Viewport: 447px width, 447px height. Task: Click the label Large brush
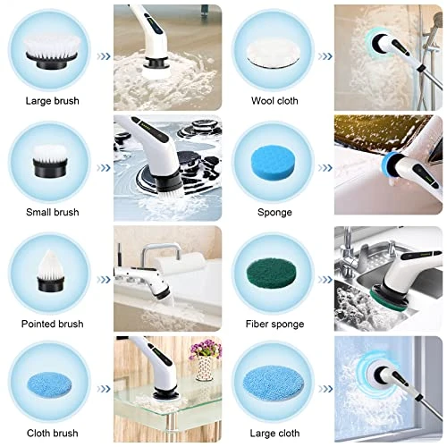53,101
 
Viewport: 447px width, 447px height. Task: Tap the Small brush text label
53,212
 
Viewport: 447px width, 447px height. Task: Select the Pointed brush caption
53,324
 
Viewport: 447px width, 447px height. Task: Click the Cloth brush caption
53,433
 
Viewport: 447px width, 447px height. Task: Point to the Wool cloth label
274,101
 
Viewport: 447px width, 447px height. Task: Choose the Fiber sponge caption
274,324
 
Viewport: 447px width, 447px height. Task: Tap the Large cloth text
274,433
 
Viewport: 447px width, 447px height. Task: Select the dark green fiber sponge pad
272,274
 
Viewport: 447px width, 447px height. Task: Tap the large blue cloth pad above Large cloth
274,384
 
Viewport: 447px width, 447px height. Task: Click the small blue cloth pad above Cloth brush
49,384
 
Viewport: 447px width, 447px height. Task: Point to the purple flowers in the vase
206,350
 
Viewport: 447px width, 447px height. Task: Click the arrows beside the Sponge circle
325,168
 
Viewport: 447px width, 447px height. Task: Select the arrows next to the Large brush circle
104,56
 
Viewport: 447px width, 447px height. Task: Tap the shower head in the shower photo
437,21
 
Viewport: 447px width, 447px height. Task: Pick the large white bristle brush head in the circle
51,51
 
